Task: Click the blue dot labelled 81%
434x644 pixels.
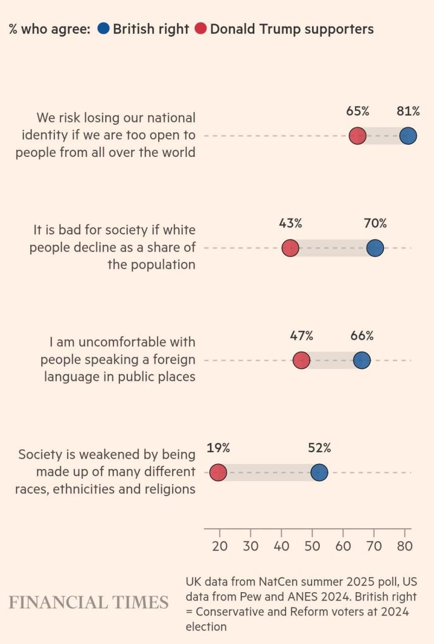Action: click(x=408, y=136)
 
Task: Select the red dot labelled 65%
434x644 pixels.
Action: click(x=357, y=136)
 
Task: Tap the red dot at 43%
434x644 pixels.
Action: click(x=290, y=248)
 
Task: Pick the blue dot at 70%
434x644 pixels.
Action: click(x=375, y=248)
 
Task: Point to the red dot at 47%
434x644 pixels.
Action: click(x=302, y=360)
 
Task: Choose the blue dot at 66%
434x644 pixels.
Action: click(x=361, y=360)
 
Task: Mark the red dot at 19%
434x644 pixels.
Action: click(x=219, y=472)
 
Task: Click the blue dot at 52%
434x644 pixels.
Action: click(x=319, y=472)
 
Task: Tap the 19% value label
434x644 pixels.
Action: click(x=219, y=447)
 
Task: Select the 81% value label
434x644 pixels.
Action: click(x=408, y=111)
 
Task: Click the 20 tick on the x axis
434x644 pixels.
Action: click(x=220, y=546)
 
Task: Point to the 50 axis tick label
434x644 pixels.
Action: click(x=312, y=546)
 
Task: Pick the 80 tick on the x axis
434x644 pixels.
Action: click(x=405, y=546)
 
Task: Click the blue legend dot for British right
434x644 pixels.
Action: click(x=103, y=29)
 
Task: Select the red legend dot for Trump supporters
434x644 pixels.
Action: click(x=200, y=29)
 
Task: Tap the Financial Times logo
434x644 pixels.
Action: click(x=89, y=602)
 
